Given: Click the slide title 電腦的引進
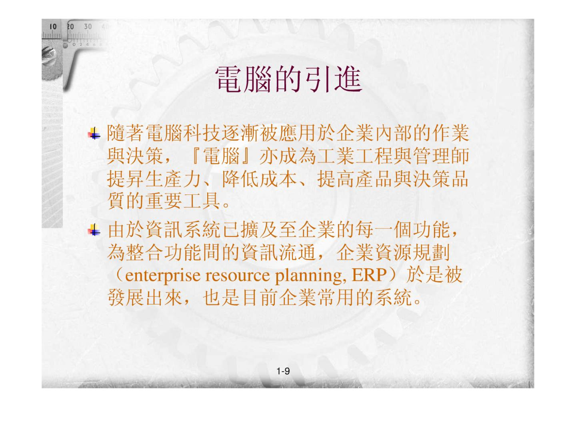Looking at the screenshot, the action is (289, 79).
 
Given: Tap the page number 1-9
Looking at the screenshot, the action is (283, 371).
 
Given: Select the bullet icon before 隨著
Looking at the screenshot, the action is (94, 134).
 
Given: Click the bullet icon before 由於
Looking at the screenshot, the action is (94, 230).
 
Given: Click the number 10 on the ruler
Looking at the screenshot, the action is (53, 27).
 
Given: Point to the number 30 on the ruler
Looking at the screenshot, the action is (88, 27).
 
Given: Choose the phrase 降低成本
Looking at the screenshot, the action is (259, 179).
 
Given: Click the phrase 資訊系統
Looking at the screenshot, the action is (183, 230).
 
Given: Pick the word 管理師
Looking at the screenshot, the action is (441, 156).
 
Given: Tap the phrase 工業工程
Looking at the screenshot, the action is (355, 156).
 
